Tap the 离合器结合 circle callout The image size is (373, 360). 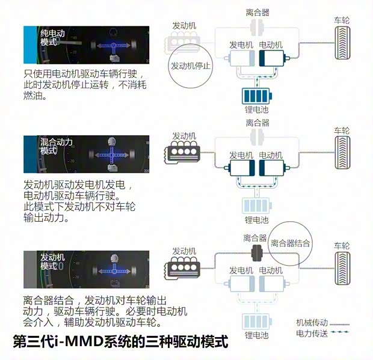(x=291, y=243)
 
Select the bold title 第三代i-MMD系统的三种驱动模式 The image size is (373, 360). (x=120, y=342)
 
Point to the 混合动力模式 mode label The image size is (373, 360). (x=57, y=147)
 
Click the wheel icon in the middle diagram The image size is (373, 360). (x=342, y=153)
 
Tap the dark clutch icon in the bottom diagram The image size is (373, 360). (x=257, y=252)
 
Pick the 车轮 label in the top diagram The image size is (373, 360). (x=342, y=20)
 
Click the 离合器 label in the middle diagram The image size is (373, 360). (x=257, y=123)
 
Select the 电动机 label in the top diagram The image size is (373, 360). (x=271, y=44)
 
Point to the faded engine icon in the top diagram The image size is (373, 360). (x=180, y=43)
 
